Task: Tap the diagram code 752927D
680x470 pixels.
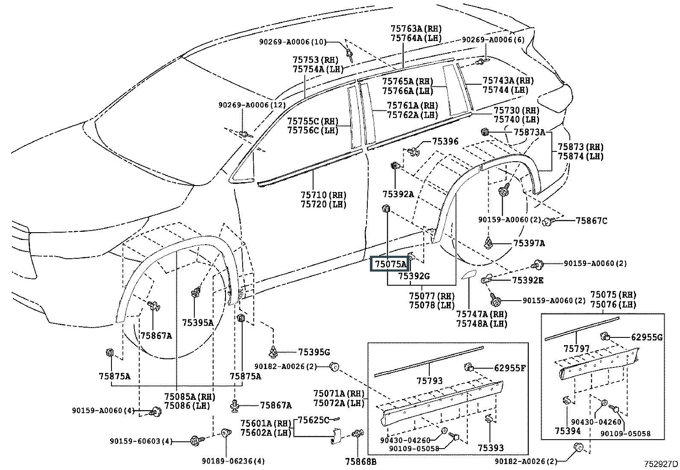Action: [x=661, y=464]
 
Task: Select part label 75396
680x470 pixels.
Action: [x=445, y=141]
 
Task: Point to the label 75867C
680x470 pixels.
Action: [x=591, y=221]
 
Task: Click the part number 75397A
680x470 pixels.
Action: [x=529, y=243]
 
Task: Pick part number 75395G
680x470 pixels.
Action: [x=314, y=352]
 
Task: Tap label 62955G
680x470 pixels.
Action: [x=647, y=337]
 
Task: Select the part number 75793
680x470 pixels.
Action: [x=430, y=381]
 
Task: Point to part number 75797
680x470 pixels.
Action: [x=576, y=349]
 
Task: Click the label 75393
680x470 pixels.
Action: [x=491, y=448]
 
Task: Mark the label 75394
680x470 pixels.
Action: [x=568, y=431]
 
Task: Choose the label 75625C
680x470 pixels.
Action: [x=313, y=420]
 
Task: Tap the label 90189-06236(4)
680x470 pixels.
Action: [x=234, y=461]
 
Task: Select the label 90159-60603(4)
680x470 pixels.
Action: [x=141, y=441]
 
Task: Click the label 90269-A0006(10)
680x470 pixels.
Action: [x=293, y=42]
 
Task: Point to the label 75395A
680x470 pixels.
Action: [x=197, y=322]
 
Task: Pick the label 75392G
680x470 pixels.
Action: [x=414, y=276]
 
